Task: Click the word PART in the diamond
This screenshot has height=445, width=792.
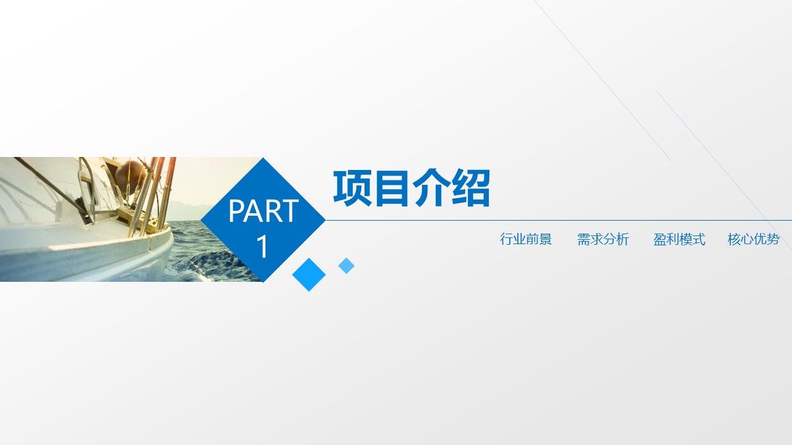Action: tap(264, 211)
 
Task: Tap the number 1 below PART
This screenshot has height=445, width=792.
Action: tap(263, 247)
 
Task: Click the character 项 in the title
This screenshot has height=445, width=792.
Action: tap(353, 188)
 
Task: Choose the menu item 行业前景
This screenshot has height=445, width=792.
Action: tap(526, 240)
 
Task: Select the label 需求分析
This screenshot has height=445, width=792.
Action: tap(603, 240)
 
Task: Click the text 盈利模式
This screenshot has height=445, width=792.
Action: tap(679, 240)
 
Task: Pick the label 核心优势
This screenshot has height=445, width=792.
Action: tap(753, 240)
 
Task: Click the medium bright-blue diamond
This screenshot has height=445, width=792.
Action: tap(309, 274)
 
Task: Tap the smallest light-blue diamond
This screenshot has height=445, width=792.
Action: tap(346, 266)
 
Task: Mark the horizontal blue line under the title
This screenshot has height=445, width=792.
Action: tap(557, 220)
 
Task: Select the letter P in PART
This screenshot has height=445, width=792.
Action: tap(237, 211)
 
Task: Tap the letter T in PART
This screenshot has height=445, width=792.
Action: tap(290, 211)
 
